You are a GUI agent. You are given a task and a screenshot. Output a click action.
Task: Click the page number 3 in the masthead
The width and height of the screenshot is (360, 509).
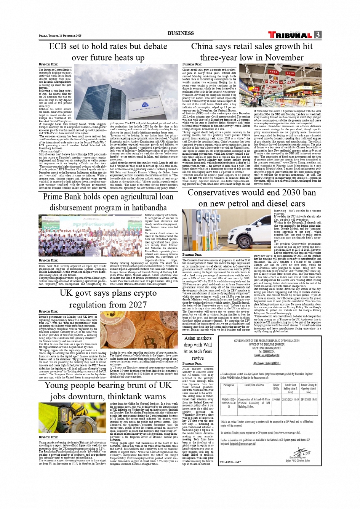(318, 35)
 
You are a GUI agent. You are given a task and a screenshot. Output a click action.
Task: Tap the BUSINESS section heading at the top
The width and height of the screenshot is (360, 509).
(181, 33)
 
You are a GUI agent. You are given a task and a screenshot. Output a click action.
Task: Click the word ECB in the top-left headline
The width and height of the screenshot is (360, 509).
(58, 46)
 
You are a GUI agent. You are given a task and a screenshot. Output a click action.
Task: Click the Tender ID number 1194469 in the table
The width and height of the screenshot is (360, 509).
(276, 400)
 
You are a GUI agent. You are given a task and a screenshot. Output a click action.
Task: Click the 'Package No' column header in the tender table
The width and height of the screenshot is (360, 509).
(229, 385)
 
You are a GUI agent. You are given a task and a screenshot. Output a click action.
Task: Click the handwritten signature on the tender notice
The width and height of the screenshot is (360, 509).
(300, 454)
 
